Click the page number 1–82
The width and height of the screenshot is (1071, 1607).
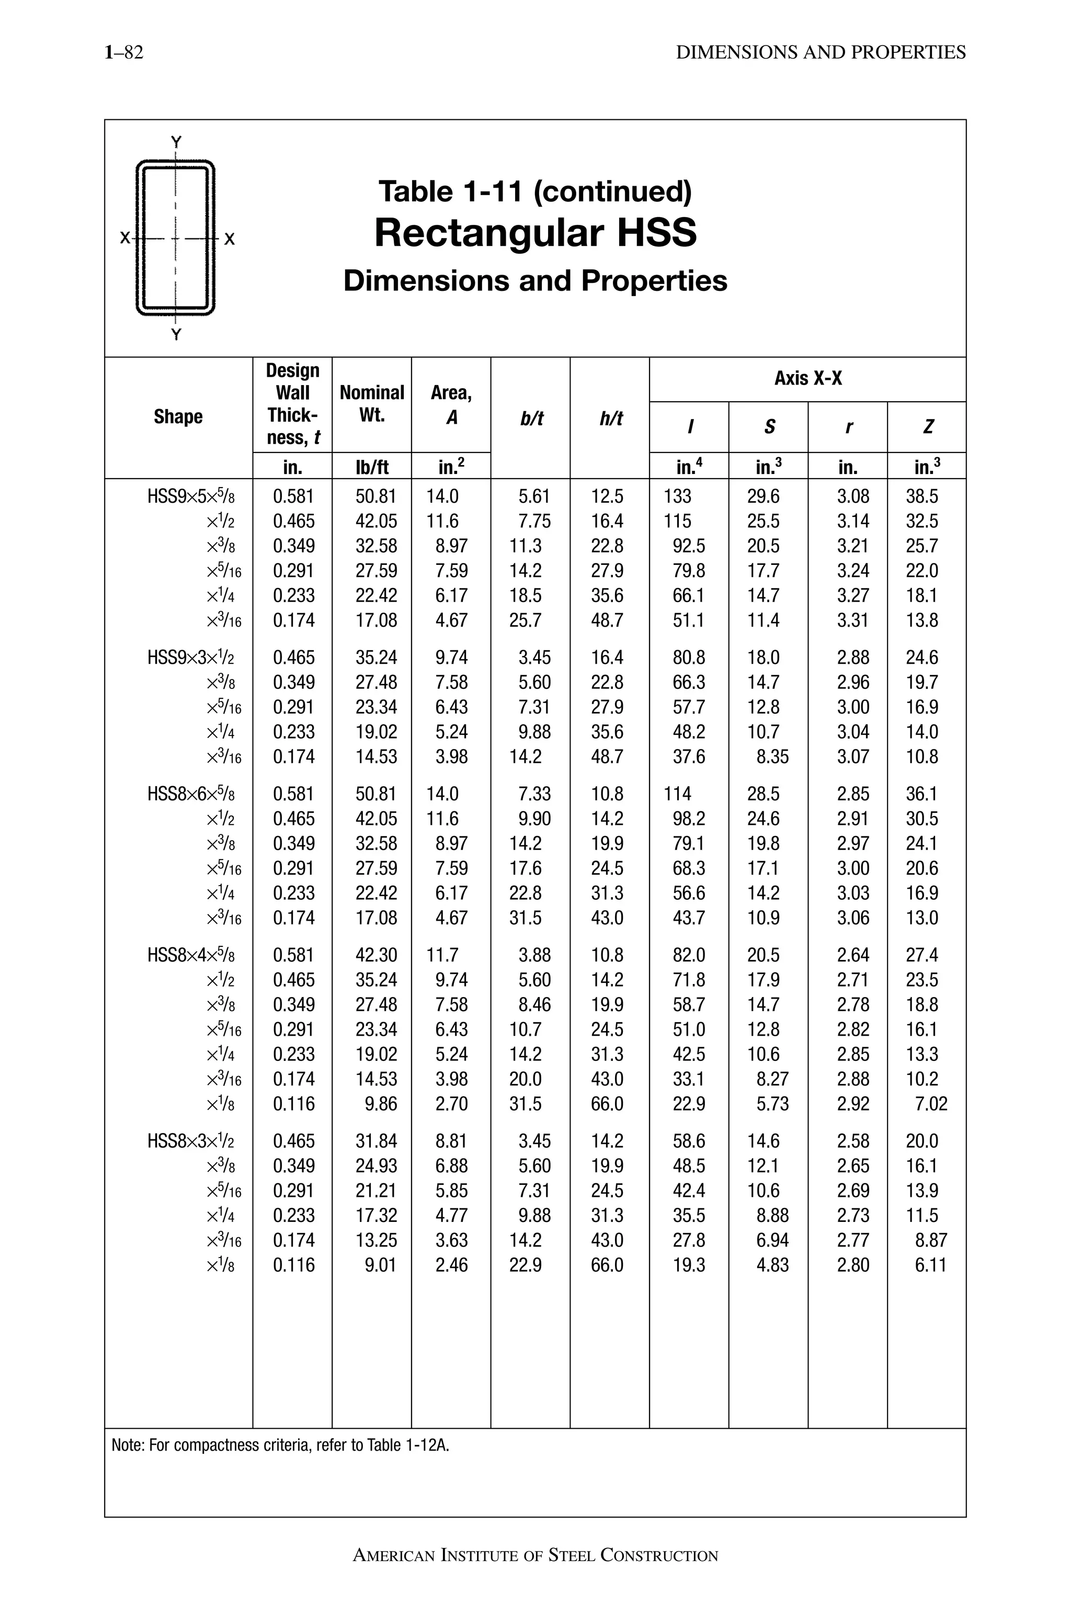point(123,53)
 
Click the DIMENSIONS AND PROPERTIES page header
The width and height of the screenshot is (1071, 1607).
point(821,53)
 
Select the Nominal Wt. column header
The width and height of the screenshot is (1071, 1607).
point(372,404)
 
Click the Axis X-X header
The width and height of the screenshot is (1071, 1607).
point(807,379)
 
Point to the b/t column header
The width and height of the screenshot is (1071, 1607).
point(531,418)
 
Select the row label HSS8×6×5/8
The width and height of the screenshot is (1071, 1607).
point(190,794)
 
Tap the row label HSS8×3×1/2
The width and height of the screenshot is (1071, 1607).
point(190,1141)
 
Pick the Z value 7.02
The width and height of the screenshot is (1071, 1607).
point(931,1104)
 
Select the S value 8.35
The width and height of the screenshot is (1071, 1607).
point(772,757)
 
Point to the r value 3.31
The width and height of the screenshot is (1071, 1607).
point(853,620)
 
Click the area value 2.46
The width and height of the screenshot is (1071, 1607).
point(451,1265)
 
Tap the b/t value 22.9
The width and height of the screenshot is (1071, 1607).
point(525,1265)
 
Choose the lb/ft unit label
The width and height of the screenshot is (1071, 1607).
point(372,467)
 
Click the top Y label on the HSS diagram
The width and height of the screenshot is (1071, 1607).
point(176,142)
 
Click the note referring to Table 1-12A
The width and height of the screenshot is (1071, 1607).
point(280,1446)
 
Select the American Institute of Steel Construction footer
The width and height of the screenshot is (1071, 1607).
point(535,1556)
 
